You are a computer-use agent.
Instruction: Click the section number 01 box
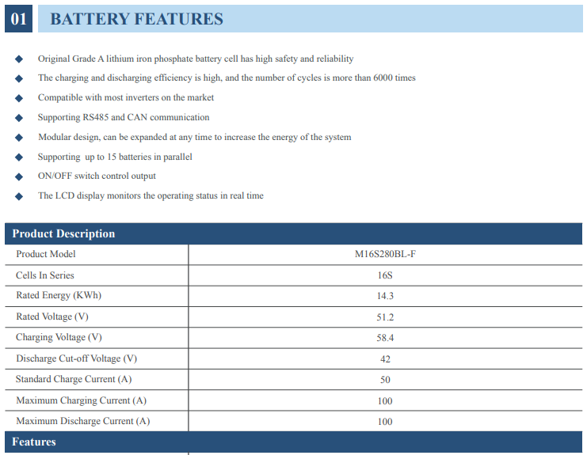click(x=18, y=19)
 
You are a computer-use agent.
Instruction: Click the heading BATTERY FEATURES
click(x=136, y=19)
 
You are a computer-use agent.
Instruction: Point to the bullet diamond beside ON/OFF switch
click(x=19, y=176)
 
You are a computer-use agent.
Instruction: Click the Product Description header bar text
click(x=63, y=233)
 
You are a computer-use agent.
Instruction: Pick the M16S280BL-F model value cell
click(x=385, y=255)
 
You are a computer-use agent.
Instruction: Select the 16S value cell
click(x=385, y=275)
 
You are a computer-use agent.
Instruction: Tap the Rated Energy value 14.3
click(x=385, y=296)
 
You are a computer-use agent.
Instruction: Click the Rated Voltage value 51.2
click(x=385, y=317)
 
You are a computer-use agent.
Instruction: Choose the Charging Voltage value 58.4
click(x=385, y=338)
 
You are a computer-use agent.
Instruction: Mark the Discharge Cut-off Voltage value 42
click(x=385, y=359)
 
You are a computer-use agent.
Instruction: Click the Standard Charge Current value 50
click(x=385, y=380)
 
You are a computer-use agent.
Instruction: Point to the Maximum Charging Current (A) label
click(x=81, y=400)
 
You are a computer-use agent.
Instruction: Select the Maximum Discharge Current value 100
click(x=385, y=422)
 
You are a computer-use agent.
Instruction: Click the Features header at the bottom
click(x=34, y=442)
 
